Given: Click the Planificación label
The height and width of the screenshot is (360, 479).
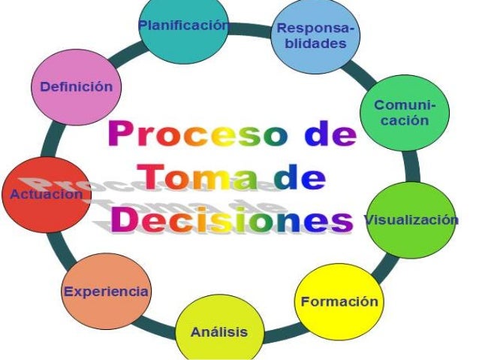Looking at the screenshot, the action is (x=183, y=25).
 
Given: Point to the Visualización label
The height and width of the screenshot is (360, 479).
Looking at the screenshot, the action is (x=411, y=219).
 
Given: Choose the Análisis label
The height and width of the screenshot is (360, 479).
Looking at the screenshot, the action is (x=218, y=331).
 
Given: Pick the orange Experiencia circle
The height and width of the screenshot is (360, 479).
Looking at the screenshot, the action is (x=105, y=292).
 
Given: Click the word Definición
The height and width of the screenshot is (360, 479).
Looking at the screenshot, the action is (x=77, y=86).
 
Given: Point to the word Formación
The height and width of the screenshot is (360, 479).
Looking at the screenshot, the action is (x=339, y=302).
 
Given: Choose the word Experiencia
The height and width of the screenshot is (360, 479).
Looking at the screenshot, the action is (x=106, y=292).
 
